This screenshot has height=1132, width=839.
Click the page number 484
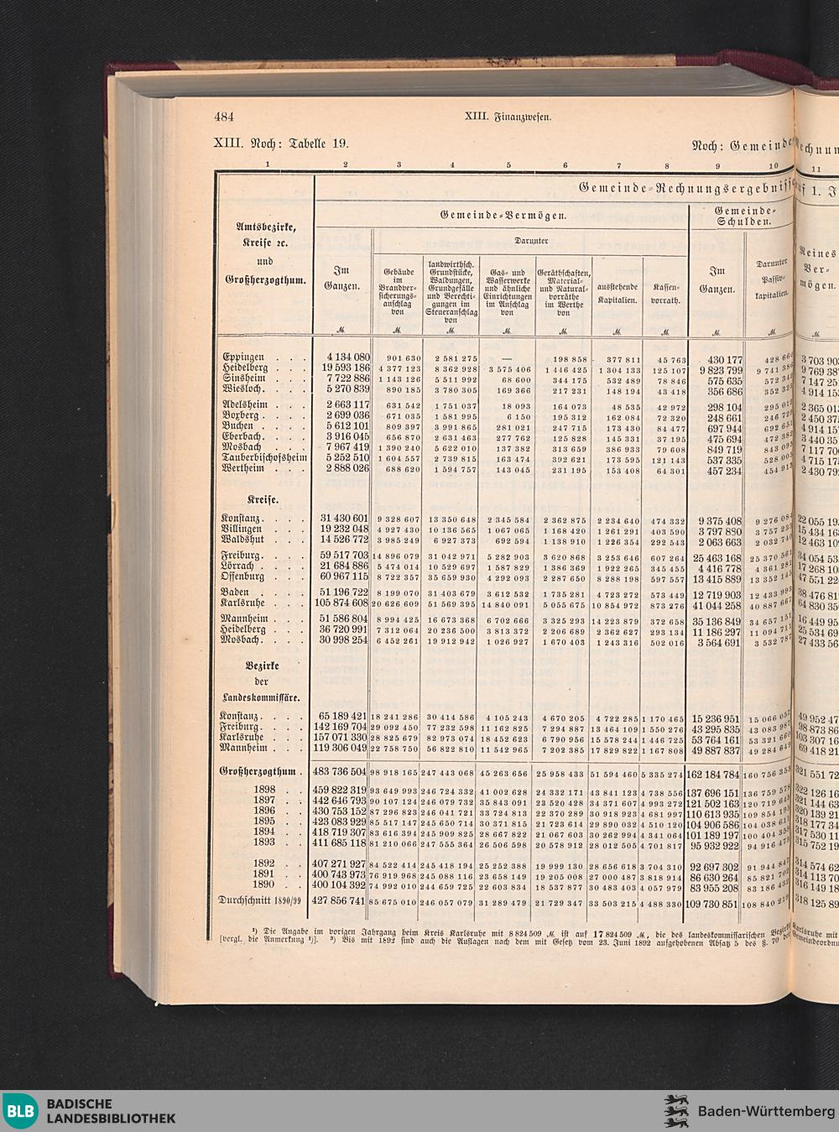tap(224, 117)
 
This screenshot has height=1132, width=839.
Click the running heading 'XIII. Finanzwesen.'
tap(508, 117)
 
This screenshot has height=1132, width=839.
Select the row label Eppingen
tap(244, 357)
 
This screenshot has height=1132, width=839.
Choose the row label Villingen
tap(242, 529)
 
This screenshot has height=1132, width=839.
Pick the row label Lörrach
tap(241, 567)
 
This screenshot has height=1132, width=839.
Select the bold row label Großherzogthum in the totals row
tap(258, 771)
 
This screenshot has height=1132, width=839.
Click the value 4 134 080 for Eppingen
tap(342, 357)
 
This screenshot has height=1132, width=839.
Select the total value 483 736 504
tap(340, 771)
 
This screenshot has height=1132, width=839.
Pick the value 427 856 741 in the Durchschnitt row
tap(340, 904)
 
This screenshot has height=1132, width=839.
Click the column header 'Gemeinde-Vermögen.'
tap(503, 216)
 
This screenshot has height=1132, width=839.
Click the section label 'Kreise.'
tap(262, 500)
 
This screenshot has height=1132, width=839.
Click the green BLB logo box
tap(20, 1112)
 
